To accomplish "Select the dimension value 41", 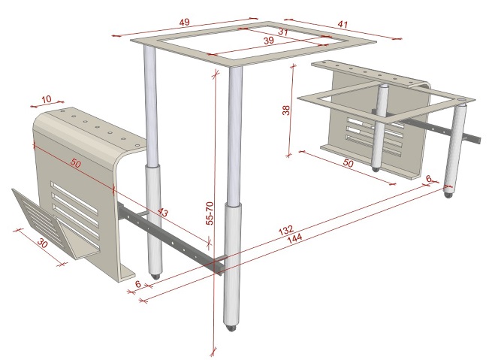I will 343,25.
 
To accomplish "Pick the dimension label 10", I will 47,98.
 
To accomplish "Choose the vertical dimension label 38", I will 286,110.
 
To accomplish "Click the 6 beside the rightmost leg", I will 428,178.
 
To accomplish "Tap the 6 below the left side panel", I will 138,285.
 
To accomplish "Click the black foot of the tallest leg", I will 233,327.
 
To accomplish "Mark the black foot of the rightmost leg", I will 449,193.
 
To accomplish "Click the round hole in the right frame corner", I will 463,98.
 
